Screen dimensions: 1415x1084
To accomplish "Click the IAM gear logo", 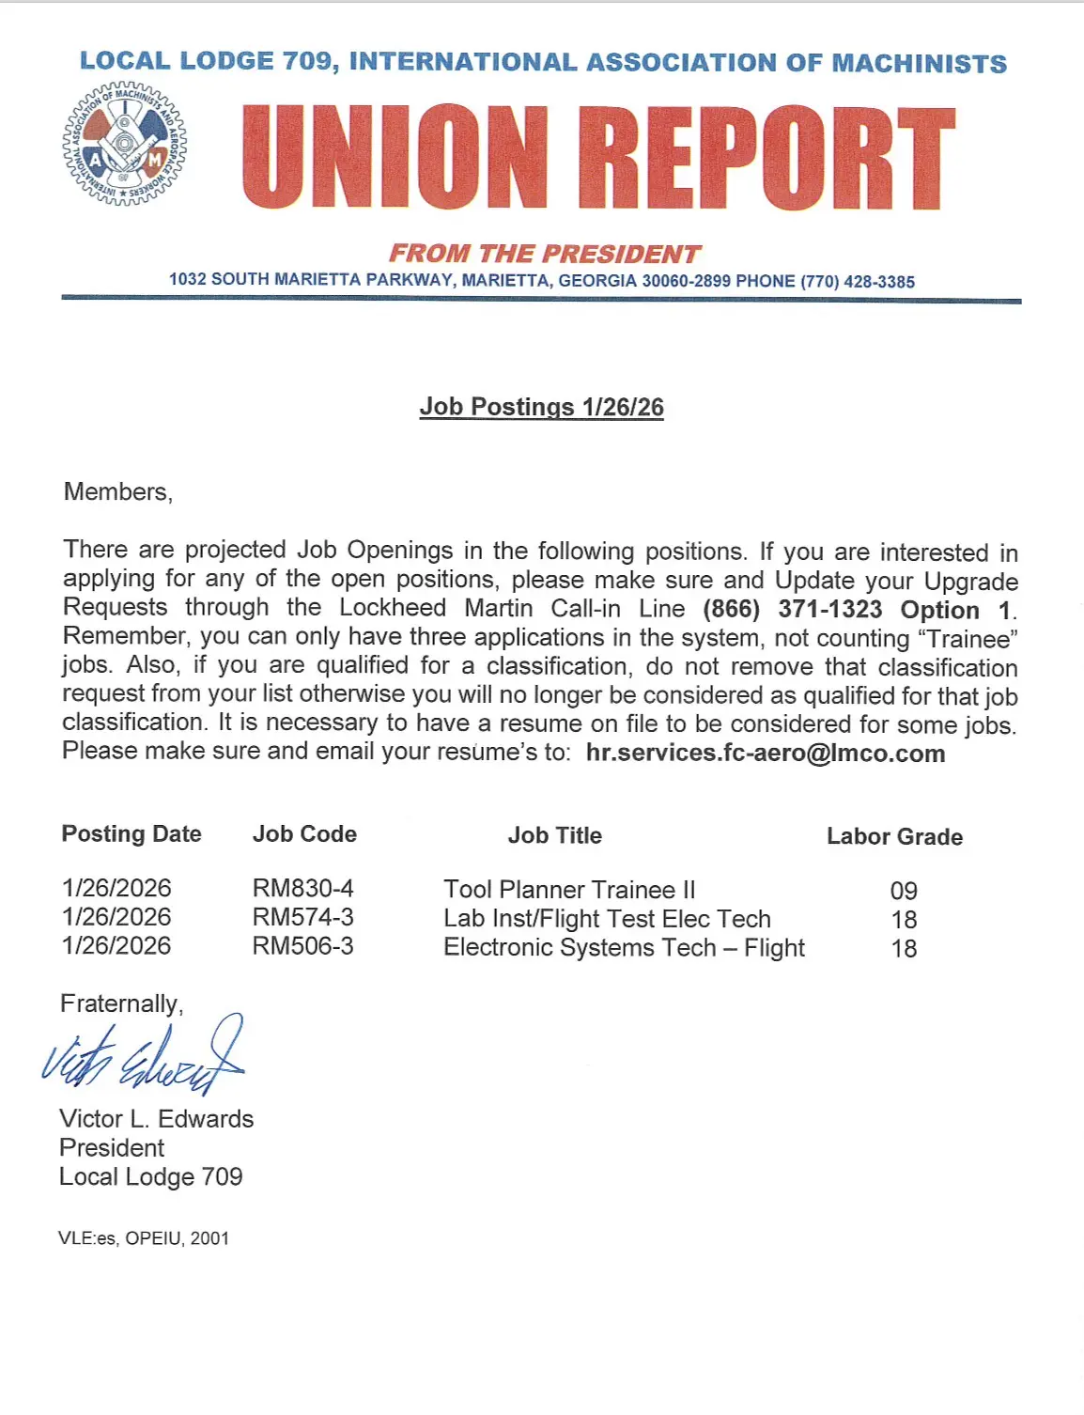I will point(125,145).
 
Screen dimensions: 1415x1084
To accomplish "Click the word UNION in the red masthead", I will point(395,157).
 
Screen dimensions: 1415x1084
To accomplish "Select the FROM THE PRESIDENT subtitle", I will point(545,254).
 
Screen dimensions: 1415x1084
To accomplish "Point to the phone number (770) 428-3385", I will point(857,281).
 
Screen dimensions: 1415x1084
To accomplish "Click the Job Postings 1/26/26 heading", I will point(541,407).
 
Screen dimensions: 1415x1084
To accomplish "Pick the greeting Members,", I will point(118,491).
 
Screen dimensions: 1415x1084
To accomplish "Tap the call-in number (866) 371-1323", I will point(792,609).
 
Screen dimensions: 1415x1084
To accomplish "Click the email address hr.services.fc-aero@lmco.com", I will point(766,754).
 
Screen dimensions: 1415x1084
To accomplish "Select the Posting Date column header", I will point(132,834).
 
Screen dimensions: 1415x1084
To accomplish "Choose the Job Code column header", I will point(304,834).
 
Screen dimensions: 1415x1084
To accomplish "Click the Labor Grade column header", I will point(894,836).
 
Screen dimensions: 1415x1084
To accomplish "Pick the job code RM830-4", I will point(302,888).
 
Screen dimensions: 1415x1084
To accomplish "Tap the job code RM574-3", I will point(302,917).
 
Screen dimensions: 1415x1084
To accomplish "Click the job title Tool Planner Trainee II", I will point(569,890).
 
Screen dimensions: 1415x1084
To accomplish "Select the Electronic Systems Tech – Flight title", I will point(624,947).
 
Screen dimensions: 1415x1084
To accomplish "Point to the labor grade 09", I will point(904,891).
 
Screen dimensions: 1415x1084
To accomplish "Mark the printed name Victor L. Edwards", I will point(156,1119).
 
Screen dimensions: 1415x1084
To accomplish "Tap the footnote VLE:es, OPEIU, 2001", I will point(144,1238).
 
